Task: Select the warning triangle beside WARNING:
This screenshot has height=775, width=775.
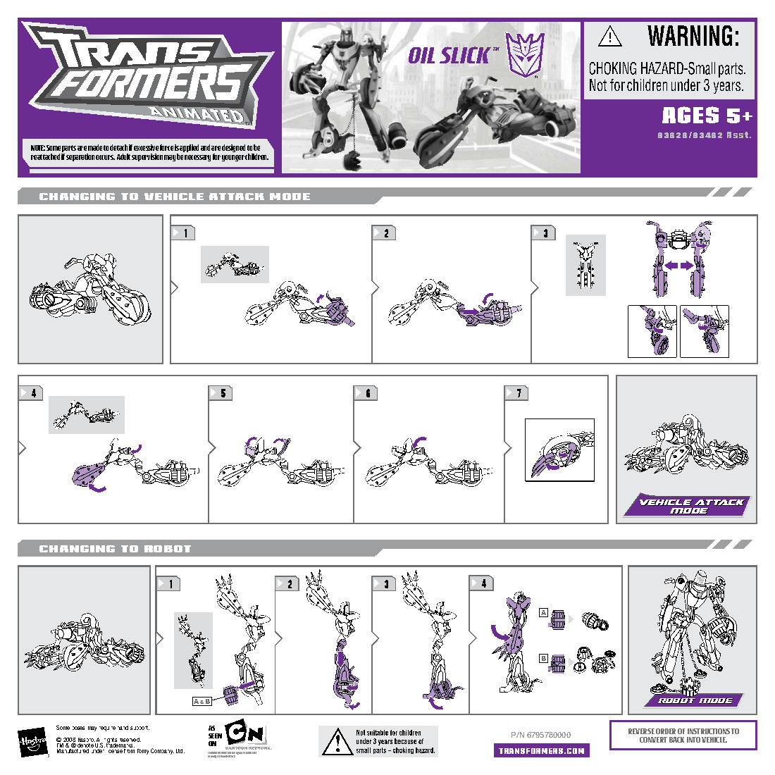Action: [610, 36]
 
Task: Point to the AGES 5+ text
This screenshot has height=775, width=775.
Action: [707, 116]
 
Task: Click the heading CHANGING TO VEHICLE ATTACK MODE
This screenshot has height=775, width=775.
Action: [175, 197]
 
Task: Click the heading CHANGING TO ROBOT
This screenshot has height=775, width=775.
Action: [115, 548]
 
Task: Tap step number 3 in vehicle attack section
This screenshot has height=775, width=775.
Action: [545, 233]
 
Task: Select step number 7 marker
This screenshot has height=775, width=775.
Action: [518, 393]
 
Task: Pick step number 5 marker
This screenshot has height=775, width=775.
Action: [222, 393]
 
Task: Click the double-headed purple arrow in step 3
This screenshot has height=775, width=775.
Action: [678, 266]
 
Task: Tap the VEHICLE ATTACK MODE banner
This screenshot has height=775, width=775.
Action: [688, 506]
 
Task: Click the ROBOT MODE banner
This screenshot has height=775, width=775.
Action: [695, 700]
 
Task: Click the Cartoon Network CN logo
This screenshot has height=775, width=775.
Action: [246, 734]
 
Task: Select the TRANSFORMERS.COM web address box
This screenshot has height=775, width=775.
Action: [541, 750]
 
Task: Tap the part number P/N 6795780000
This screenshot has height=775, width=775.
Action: [540, 735]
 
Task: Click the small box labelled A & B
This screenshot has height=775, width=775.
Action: [202, 701]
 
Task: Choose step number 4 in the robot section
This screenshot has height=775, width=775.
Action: [483, 583]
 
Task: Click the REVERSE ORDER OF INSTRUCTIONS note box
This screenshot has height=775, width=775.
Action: [683, 735]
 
